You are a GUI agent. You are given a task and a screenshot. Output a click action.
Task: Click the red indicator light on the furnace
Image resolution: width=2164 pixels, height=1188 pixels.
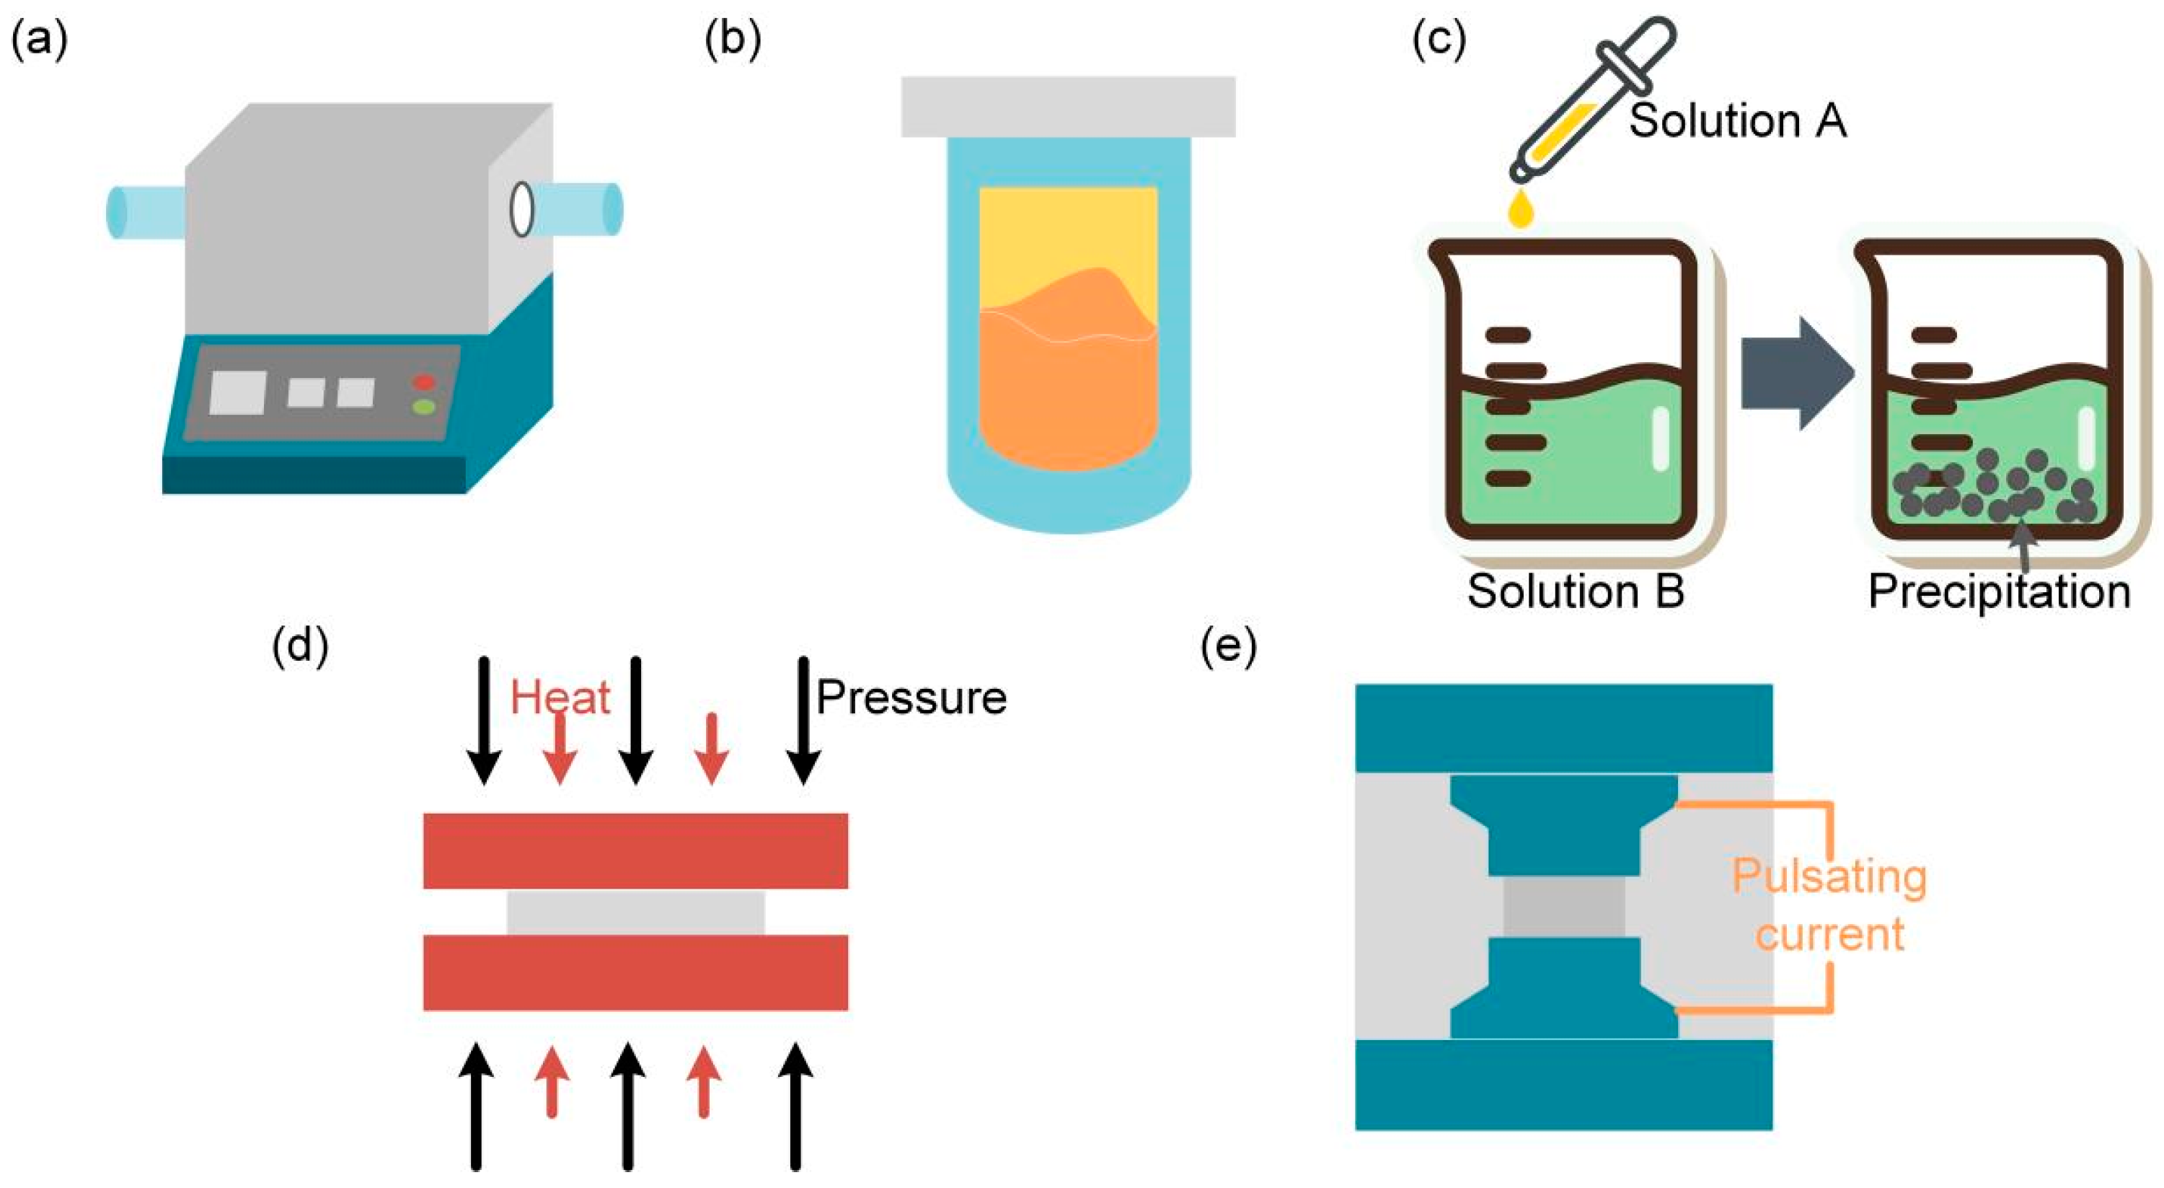(x=423, y=383)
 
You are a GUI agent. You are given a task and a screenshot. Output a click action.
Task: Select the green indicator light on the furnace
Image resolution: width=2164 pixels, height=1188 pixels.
(x=423, y=408)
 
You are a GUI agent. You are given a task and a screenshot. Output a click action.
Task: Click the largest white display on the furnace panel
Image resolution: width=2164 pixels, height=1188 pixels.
(x=238, y=392)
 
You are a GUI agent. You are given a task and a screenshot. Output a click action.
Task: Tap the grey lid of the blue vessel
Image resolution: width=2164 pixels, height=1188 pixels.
(x=1068, y=107)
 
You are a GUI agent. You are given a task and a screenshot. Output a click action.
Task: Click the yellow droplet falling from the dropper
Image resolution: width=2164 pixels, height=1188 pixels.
(x=1522, y=210)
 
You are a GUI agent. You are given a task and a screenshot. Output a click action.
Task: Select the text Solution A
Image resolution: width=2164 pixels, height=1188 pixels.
(x=1737, y=120)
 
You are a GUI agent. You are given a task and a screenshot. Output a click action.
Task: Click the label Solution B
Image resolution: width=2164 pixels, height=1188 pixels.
(x=1576, y=591)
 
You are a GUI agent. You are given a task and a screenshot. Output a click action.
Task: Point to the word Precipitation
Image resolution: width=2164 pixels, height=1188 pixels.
(x=2000, y=592)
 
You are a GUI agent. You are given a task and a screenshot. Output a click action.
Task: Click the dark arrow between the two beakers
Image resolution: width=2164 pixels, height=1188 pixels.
(x=1797, y=374)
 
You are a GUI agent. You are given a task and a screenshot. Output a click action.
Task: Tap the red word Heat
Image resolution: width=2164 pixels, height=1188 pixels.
(x=560, y=698)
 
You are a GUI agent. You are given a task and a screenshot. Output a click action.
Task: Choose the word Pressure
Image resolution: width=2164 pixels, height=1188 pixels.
(x=911, y=698)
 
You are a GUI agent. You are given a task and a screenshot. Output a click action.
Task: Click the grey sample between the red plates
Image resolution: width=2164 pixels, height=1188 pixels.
(x=636, y=912)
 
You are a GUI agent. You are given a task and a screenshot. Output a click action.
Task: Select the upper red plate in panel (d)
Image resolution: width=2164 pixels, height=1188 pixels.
(x=636, y=850)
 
